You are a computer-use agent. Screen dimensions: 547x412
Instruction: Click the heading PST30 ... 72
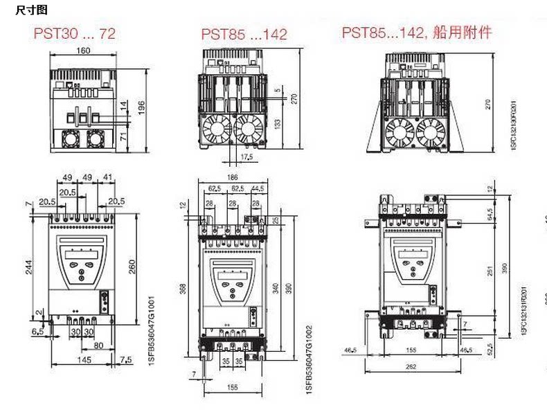tap(74, 33)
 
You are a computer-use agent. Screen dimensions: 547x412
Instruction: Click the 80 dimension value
tap(100, 344)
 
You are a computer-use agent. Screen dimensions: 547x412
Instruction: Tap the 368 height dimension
tap(183, 287)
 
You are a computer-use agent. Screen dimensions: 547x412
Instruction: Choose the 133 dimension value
tap(277, 123)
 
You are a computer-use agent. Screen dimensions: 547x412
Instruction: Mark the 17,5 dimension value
tap(247, 157)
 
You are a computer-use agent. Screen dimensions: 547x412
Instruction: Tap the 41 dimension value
tap(109, 177)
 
